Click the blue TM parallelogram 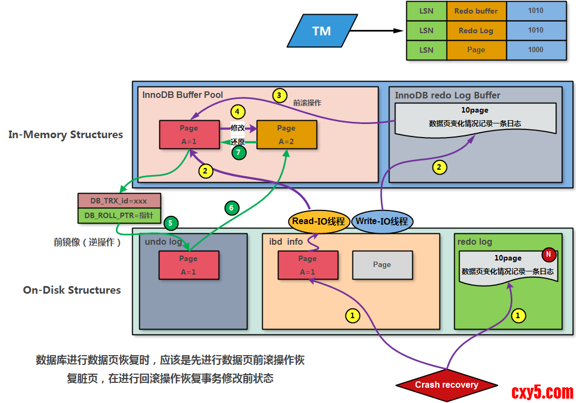click(x=321, y=31)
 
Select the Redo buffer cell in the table click(x=476, y=11)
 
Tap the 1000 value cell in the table click(x=536, y=49)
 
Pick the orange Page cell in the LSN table click(x=476, y=49)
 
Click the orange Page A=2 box click(x=286, y=135)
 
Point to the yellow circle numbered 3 click(x=279, y=96)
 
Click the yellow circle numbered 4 click(x=237, y=112)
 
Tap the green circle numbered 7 click(x=238, y=153)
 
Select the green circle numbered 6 click(x=231, y=207)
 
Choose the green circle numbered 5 click(x=170, y=222)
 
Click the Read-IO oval click(x=318, y=221)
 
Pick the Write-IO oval click(x=382, y=221)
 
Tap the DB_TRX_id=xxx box click(x=119, y=201)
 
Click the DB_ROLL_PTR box click(x=119, y=216)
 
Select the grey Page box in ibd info click(x=382, y=265)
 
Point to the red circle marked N click(x=548, y=255)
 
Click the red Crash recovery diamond click(x=447, y=385)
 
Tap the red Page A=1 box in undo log click(x=188, y=265)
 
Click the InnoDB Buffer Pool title click(x=183, y=95)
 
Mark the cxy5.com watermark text click(x=542, y=391)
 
